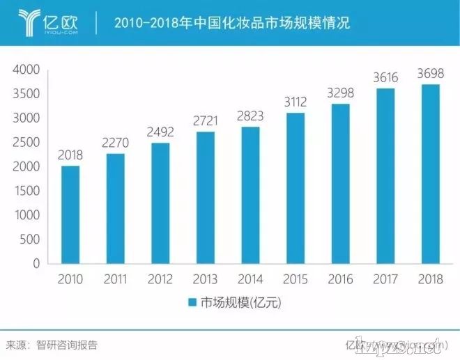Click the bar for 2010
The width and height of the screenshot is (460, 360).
point(70,214)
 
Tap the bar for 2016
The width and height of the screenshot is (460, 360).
point(339,184)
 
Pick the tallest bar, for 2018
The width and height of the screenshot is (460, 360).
point(429,174)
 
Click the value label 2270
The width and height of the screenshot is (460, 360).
point(115,144)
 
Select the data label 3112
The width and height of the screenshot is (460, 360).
point(295,102)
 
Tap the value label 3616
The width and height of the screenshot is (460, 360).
point(384,78)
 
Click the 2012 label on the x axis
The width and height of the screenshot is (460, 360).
point(160,279)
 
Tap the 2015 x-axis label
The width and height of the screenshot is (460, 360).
point(295,279)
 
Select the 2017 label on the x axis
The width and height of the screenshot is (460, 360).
point(384,279)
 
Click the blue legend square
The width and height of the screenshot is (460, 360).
point(192,303)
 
